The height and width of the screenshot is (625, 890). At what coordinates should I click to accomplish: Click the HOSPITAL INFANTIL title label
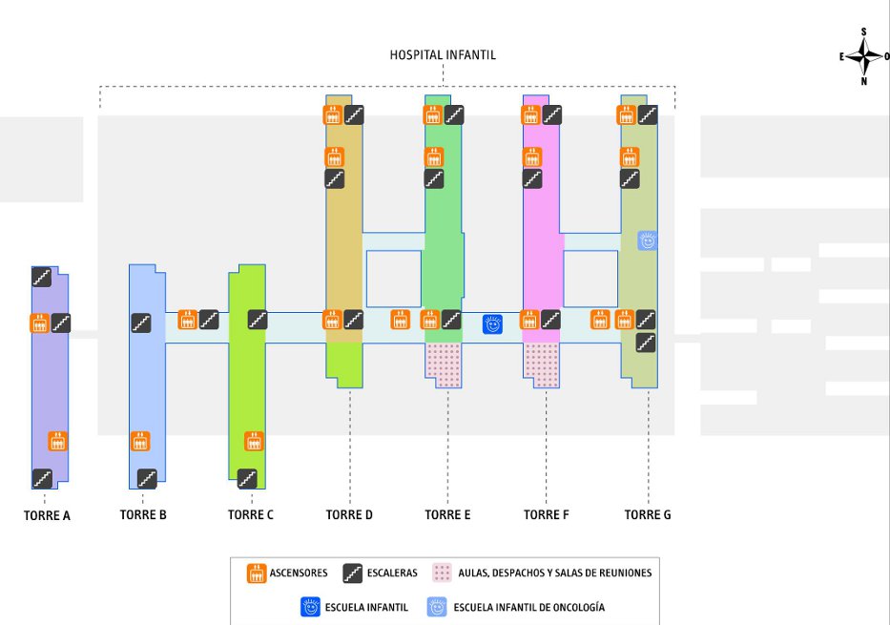tap(443, 55)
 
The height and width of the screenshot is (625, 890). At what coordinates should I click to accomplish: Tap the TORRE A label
tap(47, 515)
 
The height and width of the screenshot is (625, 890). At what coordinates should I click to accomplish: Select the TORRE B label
tap(143, 515)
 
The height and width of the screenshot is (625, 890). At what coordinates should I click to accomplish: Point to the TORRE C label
tap(250, 515)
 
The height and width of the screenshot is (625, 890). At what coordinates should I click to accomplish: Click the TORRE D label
tap(349, 515)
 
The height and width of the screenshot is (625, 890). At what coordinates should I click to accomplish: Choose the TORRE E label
tap(447, 515)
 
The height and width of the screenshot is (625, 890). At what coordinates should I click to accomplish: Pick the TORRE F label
tap(546, 515)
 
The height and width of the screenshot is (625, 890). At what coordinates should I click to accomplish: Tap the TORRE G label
tap(648, 515)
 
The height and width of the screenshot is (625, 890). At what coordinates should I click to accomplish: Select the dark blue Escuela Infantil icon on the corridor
tap(492, 324)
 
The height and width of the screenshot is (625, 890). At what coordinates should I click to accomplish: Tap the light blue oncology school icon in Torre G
tap(647, 240)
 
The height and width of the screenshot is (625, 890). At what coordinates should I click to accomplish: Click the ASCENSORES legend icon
tap(257, 573)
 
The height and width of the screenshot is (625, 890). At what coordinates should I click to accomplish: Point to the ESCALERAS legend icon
tap(353, 573)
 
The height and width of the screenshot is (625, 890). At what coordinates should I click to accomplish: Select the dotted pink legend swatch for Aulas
tap(443, 573)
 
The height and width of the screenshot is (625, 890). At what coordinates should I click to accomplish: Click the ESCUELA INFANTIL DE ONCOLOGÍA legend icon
tap(437, 607)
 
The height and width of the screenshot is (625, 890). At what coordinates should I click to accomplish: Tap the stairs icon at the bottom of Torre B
tap(147, 479)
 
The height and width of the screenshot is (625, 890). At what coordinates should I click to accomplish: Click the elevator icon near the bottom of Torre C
tap(254, 441)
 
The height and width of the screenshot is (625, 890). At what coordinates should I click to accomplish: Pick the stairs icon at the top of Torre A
tap(41, 277)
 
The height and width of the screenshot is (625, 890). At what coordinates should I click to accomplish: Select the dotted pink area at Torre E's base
tap(444, 365)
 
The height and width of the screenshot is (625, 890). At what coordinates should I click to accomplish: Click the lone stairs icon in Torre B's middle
tap(141, 323)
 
